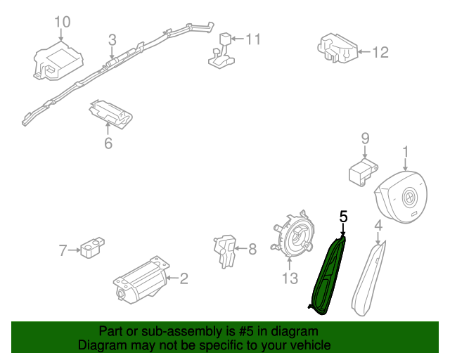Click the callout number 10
(x=63, y=22)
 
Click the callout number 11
(x=252, y=39)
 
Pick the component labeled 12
(x=336, y=48)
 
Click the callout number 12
(x=380, y=51)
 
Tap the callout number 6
(x=108, y=143)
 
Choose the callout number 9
(x=365, y=138)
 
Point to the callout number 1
(x=405, y=150)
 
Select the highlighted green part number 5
(x=329, y=274)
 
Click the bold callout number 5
(x=343, y=217)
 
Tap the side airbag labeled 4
(x=367, y=276)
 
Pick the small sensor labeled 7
(x=90, y=249)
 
